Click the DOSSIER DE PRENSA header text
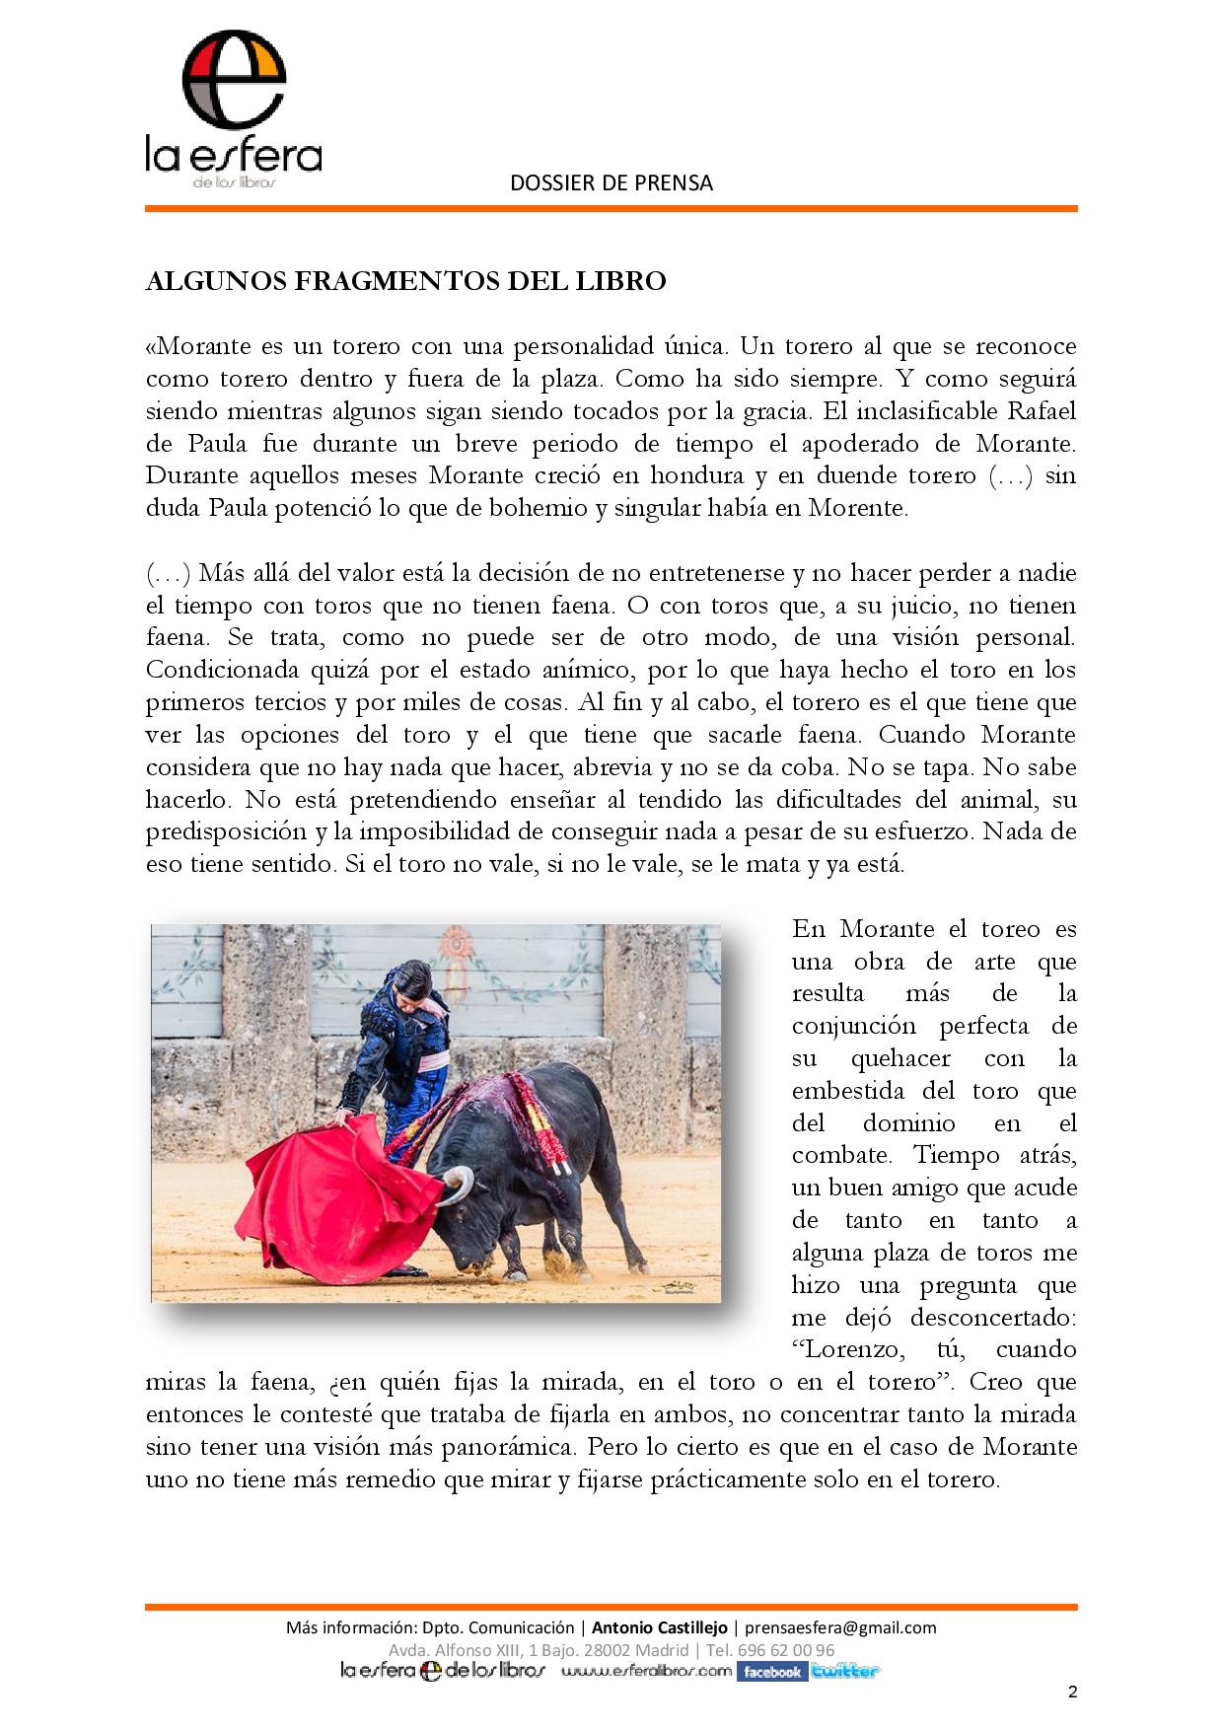[x=611, y=182]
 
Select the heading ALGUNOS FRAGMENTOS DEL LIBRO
[x=405, y=281]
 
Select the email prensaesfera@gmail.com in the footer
[x=840, y=1627]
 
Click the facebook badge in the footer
[x=772, y=1671]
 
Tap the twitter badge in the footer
[x=844, y=1671]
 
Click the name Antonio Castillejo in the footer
[x=659, y=1627]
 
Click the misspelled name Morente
[x=858, y=508]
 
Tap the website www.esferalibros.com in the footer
[x=647, y=1671]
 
